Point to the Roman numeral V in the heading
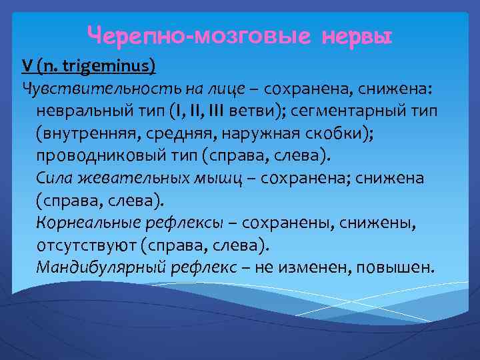pyautogui.click(x=27, y=65)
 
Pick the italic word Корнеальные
pyautogui.click(x=84, y=223)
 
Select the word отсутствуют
pyautogui.click(x=87, y=245)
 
